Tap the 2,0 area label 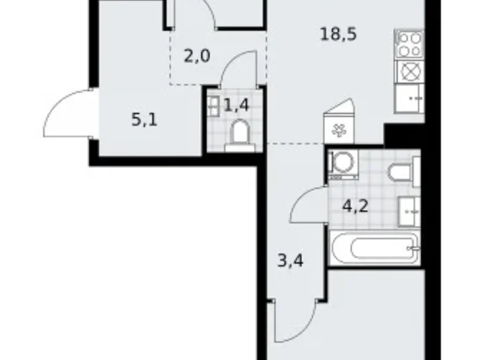(x=197, y=56)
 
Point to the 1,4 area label (x=236, y=105)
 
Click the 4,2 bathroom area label (x=356, y=205)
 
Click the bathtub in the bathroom (x=375, y=249)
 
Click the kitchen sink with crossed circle (x=408, y=72)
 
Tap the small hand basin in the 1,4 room (x=213, y=106)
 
